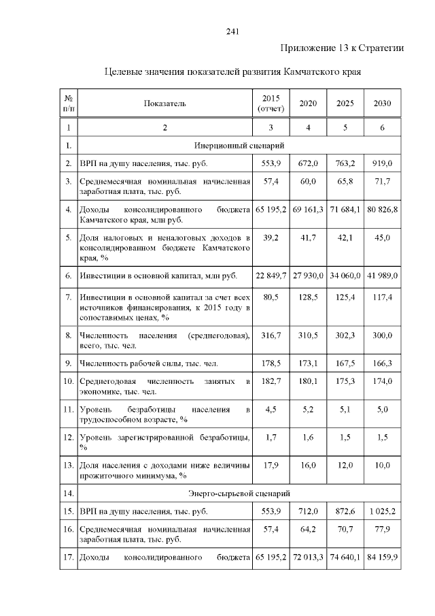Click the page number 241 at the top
pos(232,31)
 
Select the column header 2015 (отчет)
pos(271,103)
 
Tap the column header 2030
pos(382,103)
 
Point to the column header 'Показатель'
pos(164,103)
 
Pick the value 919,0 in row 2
pos(382,164)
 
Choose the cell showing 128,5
pos(308,297)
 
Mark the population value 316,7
pos(271,337)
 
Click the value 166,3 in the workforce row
pos(382,365)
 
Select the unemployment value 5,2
pos(308,410)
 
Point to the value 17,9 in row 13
pos(271,466)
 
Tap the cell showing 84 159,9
pos(382,559)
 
